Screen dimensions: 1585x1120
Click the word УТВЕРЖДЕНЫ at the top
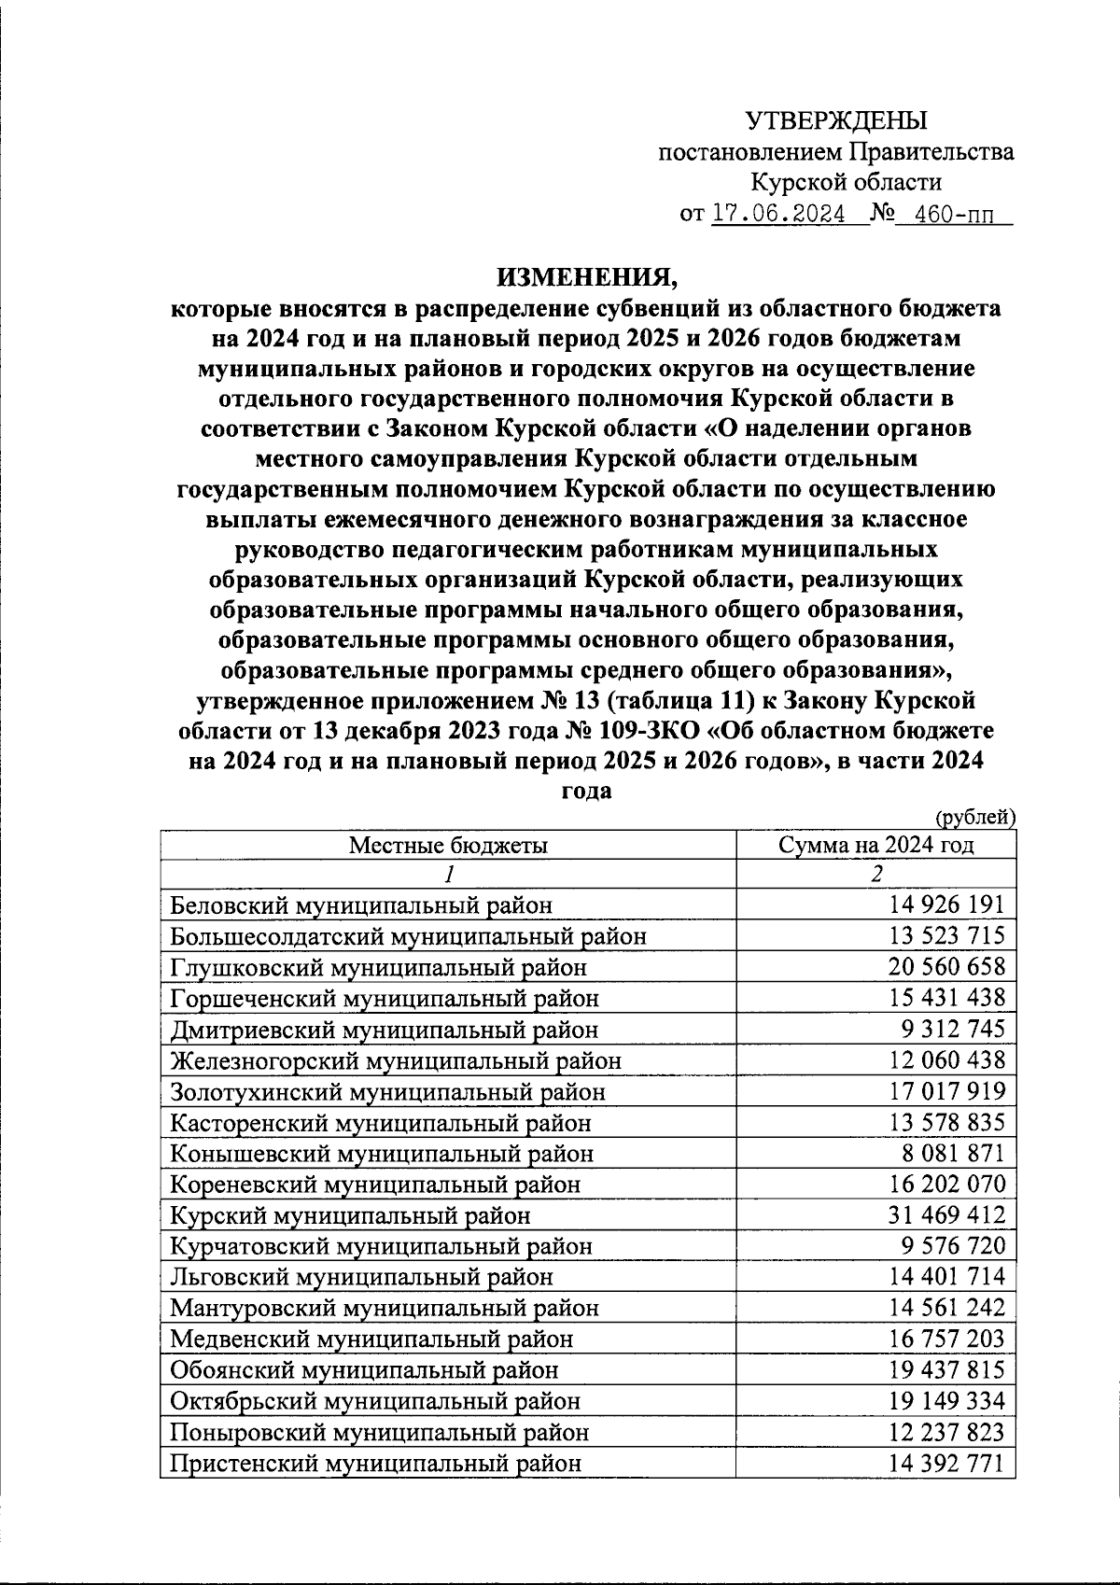(836, 120)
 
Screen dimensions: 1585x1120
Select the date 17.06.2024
(778, 214)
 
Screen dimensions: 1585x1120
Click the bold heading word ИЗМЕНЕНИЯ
(585, 276)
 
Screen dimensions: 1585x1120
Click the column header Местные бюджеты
(448, 846)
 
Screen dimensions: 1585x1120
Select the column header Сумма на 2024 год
(875, 846)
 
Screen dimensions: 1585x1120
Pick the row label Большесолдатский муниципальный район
(408, 936)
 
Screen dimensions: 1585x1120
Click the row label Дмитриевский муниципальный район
(384, 1030)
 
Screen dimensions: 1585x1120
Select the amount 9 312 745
(953, 1029)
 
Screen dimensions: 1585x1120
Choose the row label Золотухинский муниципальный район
(387, 1091)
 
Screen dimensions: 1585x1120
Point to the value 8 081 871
(953, 1153)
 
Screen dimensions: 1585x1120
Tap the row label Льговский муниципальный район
(361, 1277)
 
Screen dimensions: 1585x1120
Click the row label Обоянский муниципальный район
(364, 1370)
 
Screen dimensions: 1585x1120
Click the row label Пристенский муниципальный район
(376, 1464)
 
